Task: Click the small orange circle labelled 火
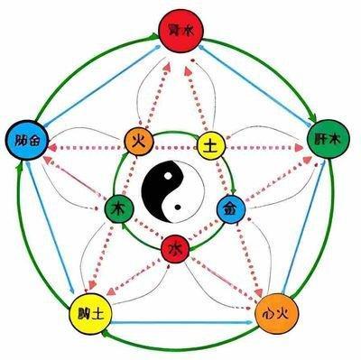(x=140, y=141)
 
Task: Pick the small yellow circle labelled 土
(x=210, y=143)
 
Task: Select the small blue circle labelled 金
(x=230, y=208)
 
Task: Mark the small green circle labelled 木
(x=118, y=208)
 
